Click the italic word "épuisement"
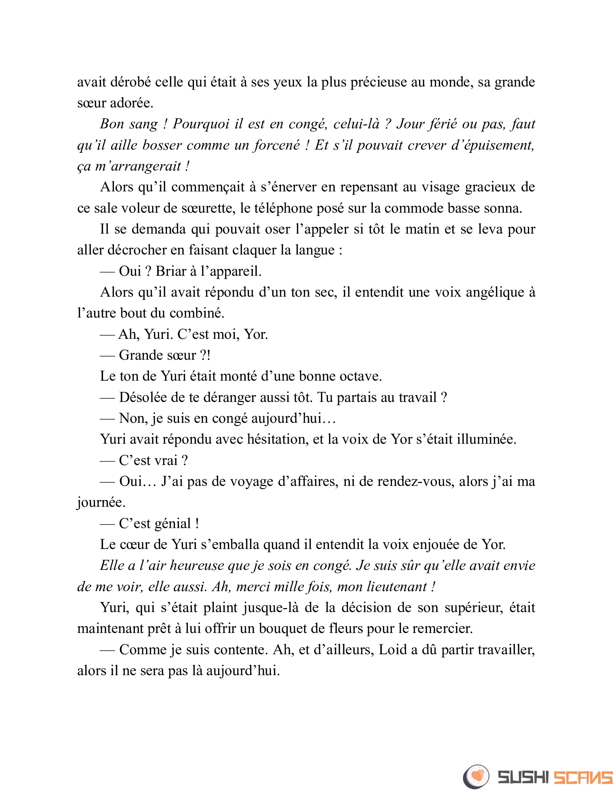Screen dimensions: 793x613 pos(498,145)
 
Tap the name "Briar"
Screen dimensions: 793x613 pos(171,271)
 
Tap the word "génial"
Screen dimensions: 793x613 pos(173,524)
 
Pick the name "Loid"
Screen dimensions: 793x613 pos(393,650)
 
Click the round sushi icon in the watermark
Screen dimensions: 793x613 pos(476,777)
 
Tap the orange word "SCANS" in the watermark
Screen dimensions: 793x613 pos(583,778)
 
